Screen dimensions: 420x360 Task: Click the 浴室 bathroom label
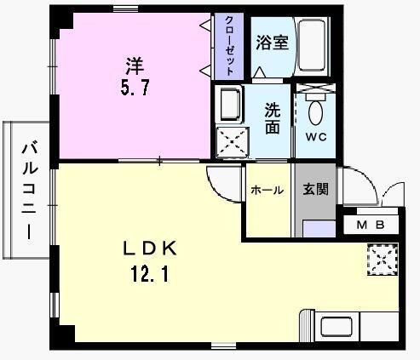click(x=272, y=43)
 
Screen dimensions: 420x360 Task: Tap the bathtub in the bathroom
click(x=312, y=45)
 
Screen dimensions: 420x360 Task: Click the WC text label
click(x=316, y=137)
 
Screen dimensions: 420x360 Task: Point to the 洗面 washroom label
click(x=273, y=118)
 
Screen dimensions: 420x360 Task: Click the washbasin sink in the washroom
click(x=229, y=104)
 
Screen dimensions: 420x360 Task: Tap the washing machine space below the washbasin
click(x=233, y=142)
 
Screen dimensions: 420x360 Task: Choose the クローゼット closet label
click(x=229, y=46)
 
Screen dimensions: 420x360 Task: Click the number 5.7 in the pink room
click(x=135, y=88)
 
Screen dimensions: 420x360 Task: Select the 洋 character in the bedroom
click(x=135, y=66)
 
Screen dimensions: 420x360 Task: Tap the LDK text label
click(x=150, y=249)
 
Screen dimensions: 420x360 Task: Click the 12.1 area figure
click(x=150, y=275)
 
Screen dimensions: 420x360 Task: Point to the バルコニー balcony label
click(x=29, y=191)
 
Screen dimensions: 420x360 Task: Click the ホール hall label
click(x=267, y=190)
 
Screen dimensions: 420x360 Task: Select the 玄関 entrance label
click(x=315, y=189)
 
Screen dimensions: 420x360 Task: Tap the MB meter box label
click(x=371, y=225)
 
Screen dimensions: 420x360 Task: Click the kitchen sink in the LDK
click(x=337, y=327)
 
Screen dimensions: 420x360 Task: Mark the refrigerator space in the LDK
click(x=383, y=260)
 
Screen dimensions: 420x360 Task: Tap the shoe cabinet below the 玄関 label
click(x=319, y=229)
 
